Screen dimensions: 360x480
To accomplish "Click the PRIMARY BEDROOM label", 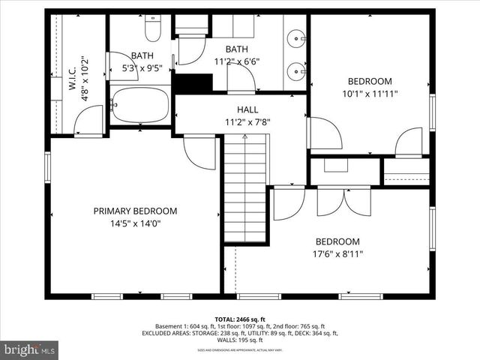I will (x=135, y=211).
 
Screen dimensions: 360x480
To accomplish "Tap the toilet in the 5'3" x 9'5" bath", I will (x=152, y=30).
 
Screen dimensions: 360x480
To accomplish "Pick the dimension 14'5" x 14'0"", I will (x=135, y=223).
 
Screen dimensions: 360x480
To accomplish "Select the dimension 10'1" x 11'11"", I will (x=369, y=94).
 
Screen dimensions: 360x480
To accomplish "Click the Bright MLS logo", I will (x=30, y=349).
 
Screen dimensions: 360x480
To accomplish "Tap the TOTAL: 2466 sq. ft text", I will (x=239, y=318).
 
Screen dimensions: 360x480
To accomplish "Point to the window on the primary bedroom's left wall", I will (x=48, y=166).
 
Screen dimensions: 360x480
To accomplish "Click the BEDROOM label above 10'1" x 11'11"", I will (x=369, y=81).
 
